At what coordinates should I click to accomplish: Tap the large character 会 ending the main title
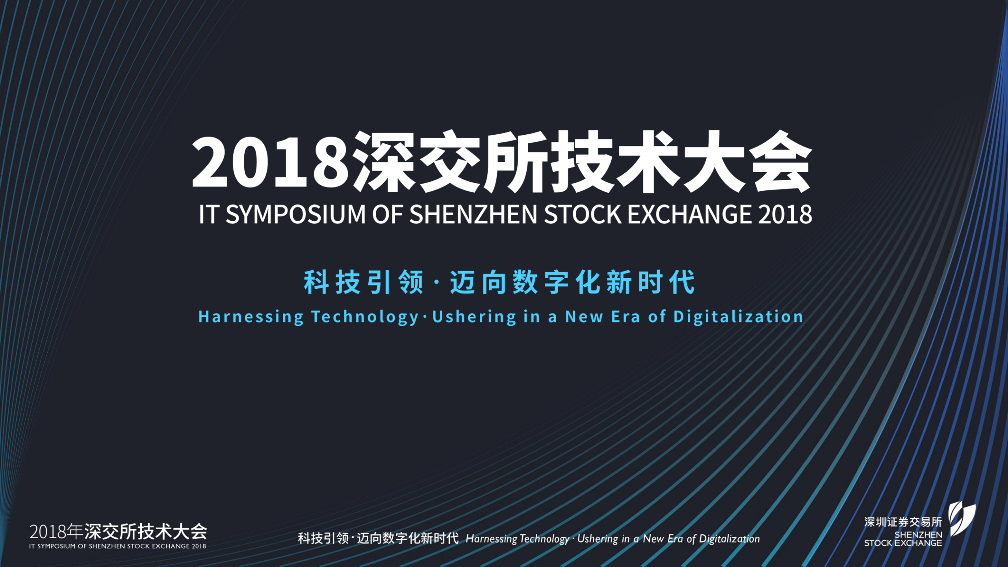[x=780, y=163]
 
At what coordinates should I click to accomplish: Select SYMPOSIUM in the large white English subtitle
[x=295, y=214]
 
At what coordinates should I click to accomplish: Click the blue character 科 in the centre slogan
[x=316, y=282]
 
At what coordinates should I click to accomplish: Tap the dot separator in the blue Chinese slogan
[x=436, y=283]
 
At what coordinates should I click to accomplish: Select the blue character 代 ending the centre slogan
[x=683, y=282]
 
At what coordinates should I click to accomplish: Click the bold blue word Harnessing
[x=251, y=317]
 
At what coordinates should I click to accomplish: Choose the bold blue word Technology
[x=365, y=317]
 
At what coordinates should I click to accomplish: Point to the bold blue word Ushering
[x=474, y=317]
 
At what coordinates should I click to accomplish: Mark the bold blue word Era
[x=626, y=317]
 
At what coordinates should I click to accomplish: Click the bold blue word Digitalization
[x=738, y=317]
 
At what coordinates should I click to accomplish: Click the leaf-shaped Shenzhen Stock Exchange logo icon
[x=962, y=519]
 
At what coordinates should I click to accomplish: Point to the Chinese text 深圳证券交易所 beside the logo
[x=902, y=522]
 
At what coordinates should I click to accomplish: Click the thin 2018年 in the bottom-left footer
[x=56, y=532]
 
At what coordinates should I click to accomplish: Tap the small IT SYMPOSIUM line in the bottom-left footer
[x=117, y=546]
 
